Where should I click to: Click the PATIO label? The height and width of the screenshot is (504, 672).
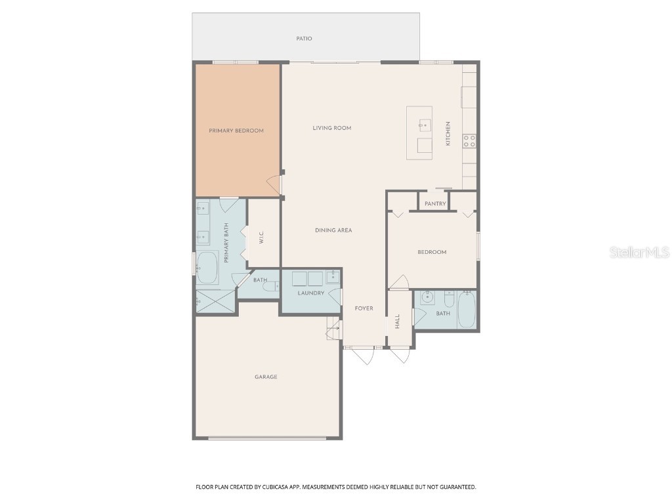tap(304, 39)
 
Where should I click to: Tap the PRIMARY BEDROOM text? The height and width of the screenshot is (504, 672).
tap(236, 131)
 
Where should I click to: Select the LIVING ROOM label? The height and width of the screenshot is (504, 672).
tap(332, 128)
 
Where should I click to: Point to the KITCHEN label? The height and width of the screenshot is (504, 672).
tap(449, 133)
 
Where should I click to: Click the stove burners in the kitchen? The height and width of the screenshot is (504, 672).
tap(470, 140)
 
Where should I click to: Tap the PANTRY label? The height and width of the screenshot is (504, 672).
tap(435, 204)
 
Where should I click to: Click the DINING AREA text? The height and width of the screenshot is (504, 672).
tap(333, 230)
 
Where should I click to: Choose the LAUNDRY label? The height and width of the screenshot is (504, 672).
tap(311, 293)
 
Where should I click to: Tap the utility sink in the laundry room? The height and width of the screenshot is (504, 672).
tap(333, 276)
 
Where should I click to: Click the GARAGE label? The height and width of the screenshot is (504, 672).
tap(266, 377)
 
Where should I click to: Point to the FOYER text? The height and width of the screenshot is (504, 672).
tap(364, 308)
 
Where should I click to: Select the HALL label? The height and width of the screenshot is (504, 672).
tap(398, 321)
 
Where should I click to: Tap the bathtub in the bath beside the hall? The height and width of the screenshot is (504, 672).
tap(466, 310)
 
